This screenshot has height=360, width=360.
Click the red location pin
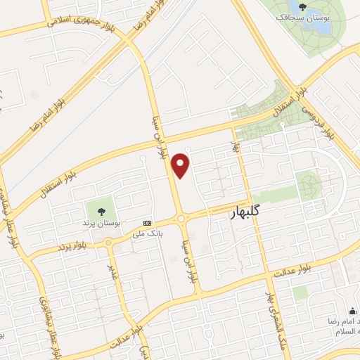(x=181, y=165)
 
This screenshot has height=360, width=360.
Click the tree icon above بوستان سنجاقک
(x=305, y=15)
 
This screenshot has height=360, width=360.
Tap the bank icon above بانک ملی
(x=146, y=222)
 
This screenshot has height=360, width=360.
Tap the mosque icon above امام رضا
(x=354, y=311)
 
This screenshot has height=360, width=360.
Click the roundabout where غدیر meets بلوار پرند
(x=109, y=243)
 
